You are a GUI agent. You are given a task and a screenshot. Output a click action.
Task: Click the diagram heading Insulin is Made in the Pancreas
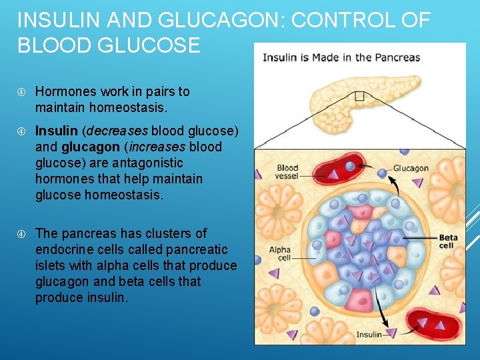(x=341, y=57)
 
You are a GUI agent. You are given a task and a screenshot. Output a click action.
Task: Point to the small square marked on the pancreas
(x=360, y=96)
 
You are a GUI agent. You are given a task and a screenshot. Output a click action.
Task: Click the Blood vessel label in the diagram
(x=287, y=172)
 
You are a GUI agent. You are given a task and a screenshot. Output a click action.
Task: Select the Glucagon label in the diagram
(x=411, y=168)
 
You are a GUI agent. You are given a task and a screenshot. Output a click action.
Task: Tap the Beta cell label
(x=447, y=241)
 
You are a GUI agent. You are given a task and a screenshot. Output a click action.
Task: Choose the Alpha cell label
(x=279, y=254)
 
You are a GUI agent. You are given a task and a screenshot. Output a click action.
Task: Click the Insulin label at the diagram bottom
(x=369, y=334)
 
